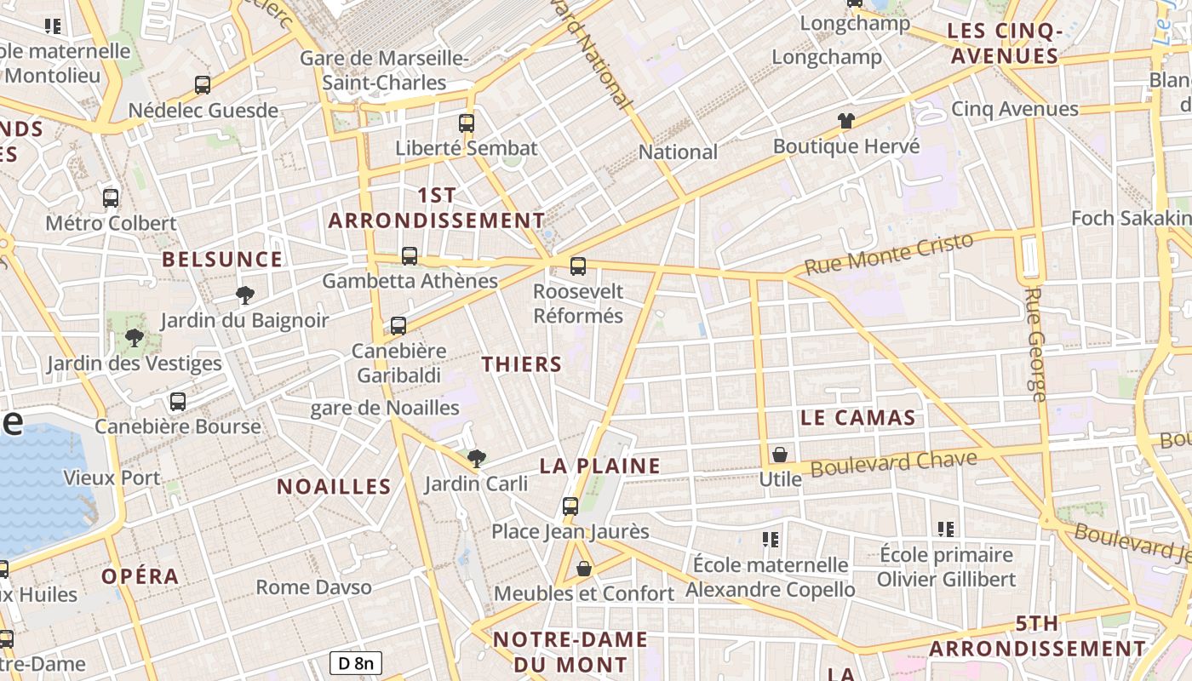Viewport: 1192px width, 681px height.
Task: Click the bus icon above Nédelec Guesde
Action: pyautogui.click(x=203, y=85)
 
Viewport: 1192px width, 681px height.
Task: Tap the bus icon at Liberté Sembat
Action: pyautogui.click(x=466, y=123)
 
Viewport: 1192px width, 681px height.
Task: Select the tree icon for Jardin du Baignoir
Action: pyautogui.click(x=245, y=295)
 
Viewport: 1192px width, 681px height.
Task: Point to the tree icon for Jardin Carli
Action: pyautogui.click(x=477, y=459)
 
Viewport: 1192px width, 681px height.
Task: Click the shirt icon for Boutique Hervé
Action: pyautogui.click(x=845, y=121)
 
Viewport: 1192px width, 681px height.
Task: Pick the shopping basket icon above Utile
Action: pyautogui.click(x=780, y=455)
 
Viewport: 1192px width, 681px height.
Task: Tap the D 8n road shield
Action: pyautogui.click(x=356, y=663)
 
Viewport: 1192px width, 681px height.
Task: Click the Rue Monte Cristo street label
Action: pyautogui.click(x=888, y=254)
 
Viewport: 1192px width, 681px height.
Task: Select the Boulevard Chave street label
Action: pyautogui.click(x=893, y=464)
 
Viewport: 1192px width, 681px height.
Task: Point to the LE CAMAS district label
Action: pyautogui.click(x=857, y=418)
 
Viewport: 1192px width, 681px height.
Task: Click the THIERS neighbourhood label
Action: pyautogui.click(x=521, y=364)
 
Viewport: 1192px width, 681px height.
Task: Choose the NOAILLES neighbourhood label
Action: pyautogui.click(x=334, y=487)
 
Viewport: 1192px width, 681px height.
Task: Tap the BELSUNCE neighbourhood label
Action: pyautogui.click(x=222, y=260)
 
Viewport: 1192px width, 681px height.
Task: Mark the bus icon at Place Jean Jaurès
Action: pyautogui.click(x=570, y=506)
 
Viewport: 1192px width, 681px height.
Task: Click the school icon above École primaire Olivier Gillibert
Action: pyautogui.click(x=945, y=529)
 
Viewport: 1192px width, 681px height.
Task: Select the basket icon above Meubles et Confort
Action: pyautogui.click(x=584, y=569)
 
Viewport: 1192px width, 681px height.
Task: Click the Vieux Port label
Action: pyautogui.click(x=112, y=478)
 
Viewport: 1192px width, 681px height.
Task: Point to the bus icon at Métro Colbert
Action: pyautogui.click(x=111, y=198)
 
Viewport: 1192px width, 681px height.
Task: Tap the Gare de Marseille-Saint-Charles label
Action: pyautogui.click(x=384, y=71)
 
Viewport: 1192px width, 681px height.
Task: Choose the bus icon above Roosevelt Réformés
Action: pyautogui.click(x=578, y=266)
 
